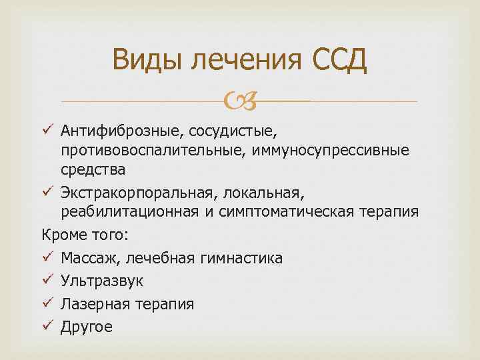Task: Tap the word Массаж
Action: point(86,257)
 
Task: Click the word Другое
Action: point(87,327)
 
